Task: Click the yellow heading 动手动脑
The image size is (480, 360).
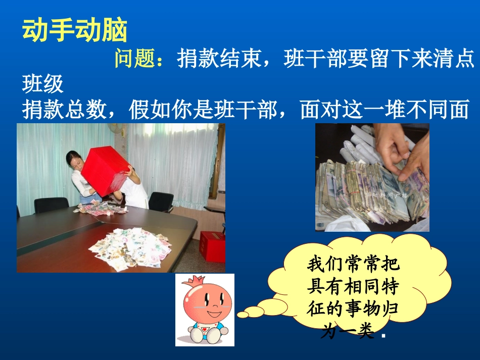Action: point(74,31)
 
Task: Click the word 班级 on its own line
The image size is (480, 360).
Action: point(43,84)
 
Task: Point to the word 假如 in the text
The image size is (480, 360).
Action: point(151,110)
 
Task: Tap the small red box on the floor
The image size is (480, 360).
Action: point(212,246)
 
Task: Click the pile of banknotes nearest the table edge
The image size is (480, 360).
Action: point(130,247)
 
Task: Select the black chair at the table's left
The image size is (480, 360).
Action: point(51,204)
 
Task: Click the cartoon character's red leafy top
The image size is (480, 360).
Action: point(205,282)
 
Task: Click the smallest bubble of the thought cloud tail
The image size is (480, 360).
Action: point(243,315)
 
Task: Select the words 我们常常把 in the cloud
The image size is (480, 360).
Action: point(353,265)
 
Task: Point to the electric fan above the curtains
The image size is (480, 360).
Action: point(120,130)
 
